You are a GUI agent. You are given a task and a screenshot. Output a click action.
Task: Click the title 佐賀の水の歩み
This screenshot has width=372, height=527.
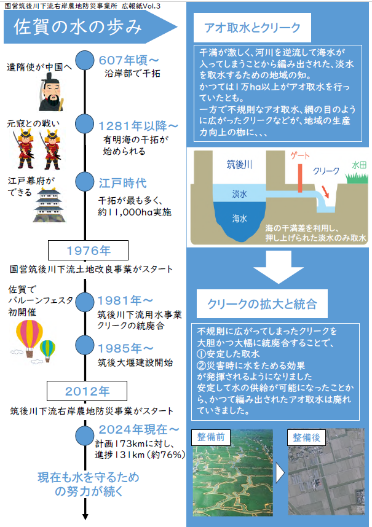point(77,27)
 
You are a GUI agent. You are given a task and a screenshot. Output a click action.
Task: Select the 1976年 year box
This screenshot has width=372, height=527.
point(88,251)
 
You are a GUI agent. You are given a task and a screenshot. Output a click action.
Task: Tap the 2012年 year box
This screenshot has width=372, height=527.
point(87,391)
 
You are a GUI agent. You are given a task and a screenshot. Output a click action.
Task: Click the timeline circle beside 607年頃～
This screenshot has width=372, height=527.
point(85,60)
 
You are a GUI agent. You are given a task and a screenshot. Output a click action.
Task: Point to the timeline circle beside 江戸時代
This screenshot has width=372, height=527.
point(85,181)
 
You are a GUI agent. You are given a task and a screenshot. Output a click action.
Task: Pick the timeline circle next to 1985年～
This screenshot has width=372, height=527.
point(85,345)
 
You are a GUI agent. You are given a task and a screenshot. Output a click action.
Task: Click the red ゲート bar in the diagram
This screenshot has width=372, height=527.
point(300,178)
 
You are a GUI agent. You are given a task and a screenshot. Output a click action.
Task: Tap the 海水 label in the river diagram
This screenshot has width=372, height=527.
point(239,219)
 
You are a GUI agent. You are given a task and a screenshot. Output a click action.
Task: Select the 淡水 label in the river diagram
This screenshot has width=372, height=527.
point(239,193)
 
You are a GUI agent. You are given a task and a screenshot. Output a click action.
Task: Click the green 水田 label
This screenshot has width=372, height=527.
point(359,165)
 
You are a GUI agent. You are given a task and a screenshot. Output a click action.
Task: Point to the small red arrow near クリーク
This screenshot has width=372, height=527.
point(325,192)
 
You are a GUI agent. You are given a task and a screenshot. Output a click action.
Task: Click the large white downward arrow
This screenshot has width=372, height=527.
point(279,267)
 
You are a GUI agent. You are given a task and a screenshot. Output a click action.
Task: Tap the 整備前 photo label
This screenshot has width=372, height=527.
point(210,437)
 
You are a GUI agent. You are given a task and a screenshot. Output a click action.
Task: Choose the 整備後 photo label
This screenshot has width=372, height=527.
point(306,437)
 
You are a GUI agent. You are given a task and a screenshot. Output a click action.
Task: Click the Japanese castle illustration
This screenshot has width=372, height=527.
point(49,205)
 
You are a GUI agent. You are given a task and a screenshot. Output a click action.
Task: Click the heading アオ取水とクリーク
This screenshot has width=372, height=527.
point(252,28)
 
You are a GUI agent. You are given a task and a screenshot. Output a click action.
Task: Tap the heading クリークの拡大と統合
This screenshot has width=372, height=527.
point(262,304)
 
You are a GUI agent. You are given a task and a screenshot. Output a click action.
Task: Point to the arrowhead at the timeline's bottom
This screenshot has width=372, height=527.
point(85,517)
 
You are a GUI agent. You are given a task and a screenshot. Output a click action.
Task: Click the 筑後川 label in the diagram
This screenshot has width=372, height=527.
point(239,165)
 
